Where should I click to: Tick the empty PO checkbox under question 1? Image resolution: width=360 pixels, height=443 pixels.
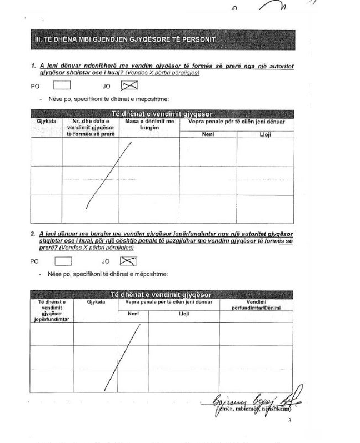[x=62, y=85]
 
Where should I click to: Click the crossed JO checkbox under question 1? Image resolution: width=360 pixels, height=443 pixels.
[x=129, y=85]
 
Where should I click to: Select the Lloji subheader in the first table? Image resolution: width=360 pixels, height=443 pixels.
[x=265, y=134]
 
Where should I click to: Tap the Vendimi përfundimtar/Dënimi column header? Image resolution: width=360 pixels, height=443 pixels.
[x=256, y=304]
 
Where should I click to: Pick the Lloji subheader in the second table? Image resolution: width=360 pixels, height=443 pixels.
[x=184, y=314]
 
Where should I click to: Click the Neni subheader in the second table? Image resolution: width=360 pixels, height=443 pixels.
[x=133, y=314]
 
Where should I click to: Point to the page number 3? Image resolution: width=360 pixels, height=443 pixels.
[x=289, y=420]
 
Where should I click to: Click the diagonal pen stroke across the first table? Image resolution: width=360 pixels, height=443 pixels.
[x=109, y=175]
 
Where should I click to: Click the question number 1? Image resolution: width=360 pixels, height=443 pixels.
[x=33, y=66]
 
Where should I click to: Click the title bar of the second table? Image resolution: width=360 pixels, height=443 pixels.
[x=162, y=294]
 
